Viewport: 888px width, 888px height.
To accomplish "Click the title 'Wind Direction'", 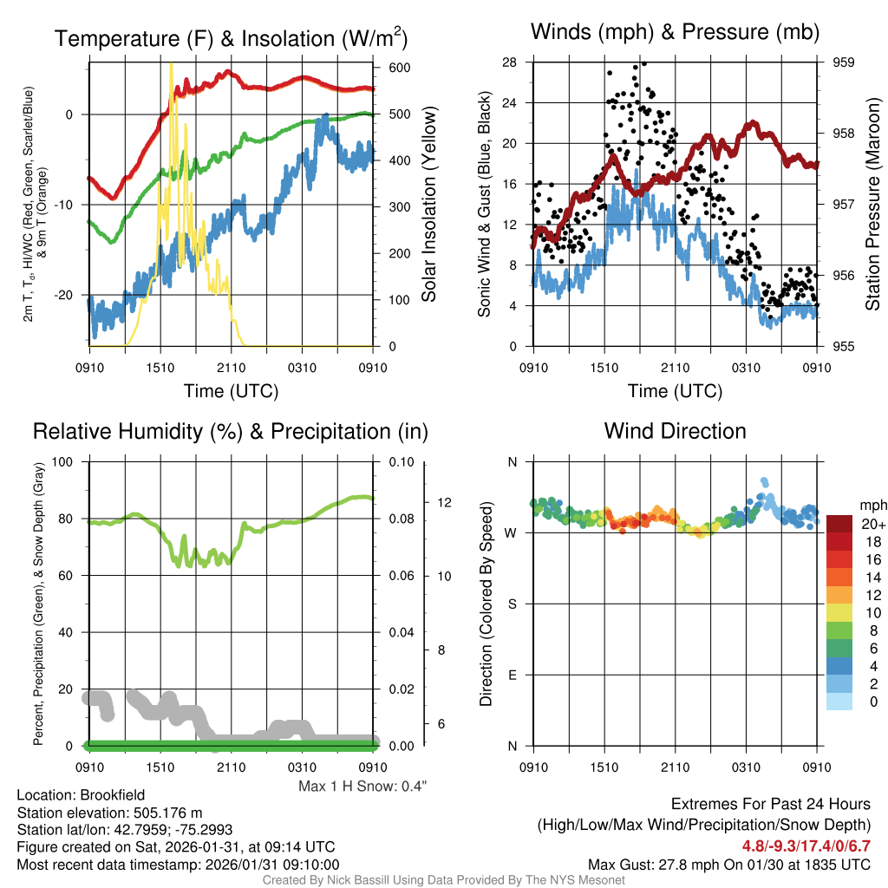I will point(675,431).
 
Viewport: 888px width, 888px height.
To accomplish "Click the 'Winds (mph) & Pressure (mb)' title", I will point(675,33).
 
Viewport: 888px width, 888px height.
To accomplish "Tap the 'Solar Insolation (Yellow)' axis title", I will point(428,205).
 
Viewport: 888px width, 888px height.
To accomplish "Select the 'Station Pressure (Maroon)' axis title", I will point(872,205).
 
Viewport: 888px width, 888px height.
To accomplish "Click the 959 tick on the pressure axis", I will point(832,62).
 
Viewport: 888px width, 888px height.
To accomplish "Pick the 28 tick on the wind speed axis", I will point(509,62).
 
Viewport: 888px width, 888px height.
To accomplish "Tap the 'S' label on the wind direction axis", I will point(512,604).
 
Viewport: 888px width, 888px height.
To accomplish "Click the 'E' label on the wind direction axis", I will point(512,676).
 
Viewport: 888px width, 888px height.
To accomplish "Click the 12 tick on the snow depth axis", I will point(445,503).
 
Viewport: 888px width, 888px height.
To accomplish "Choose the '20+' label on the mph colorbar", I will point(872,524).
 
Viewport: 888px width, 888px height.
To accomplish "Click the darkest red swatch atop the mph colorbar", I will point(839,523).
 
